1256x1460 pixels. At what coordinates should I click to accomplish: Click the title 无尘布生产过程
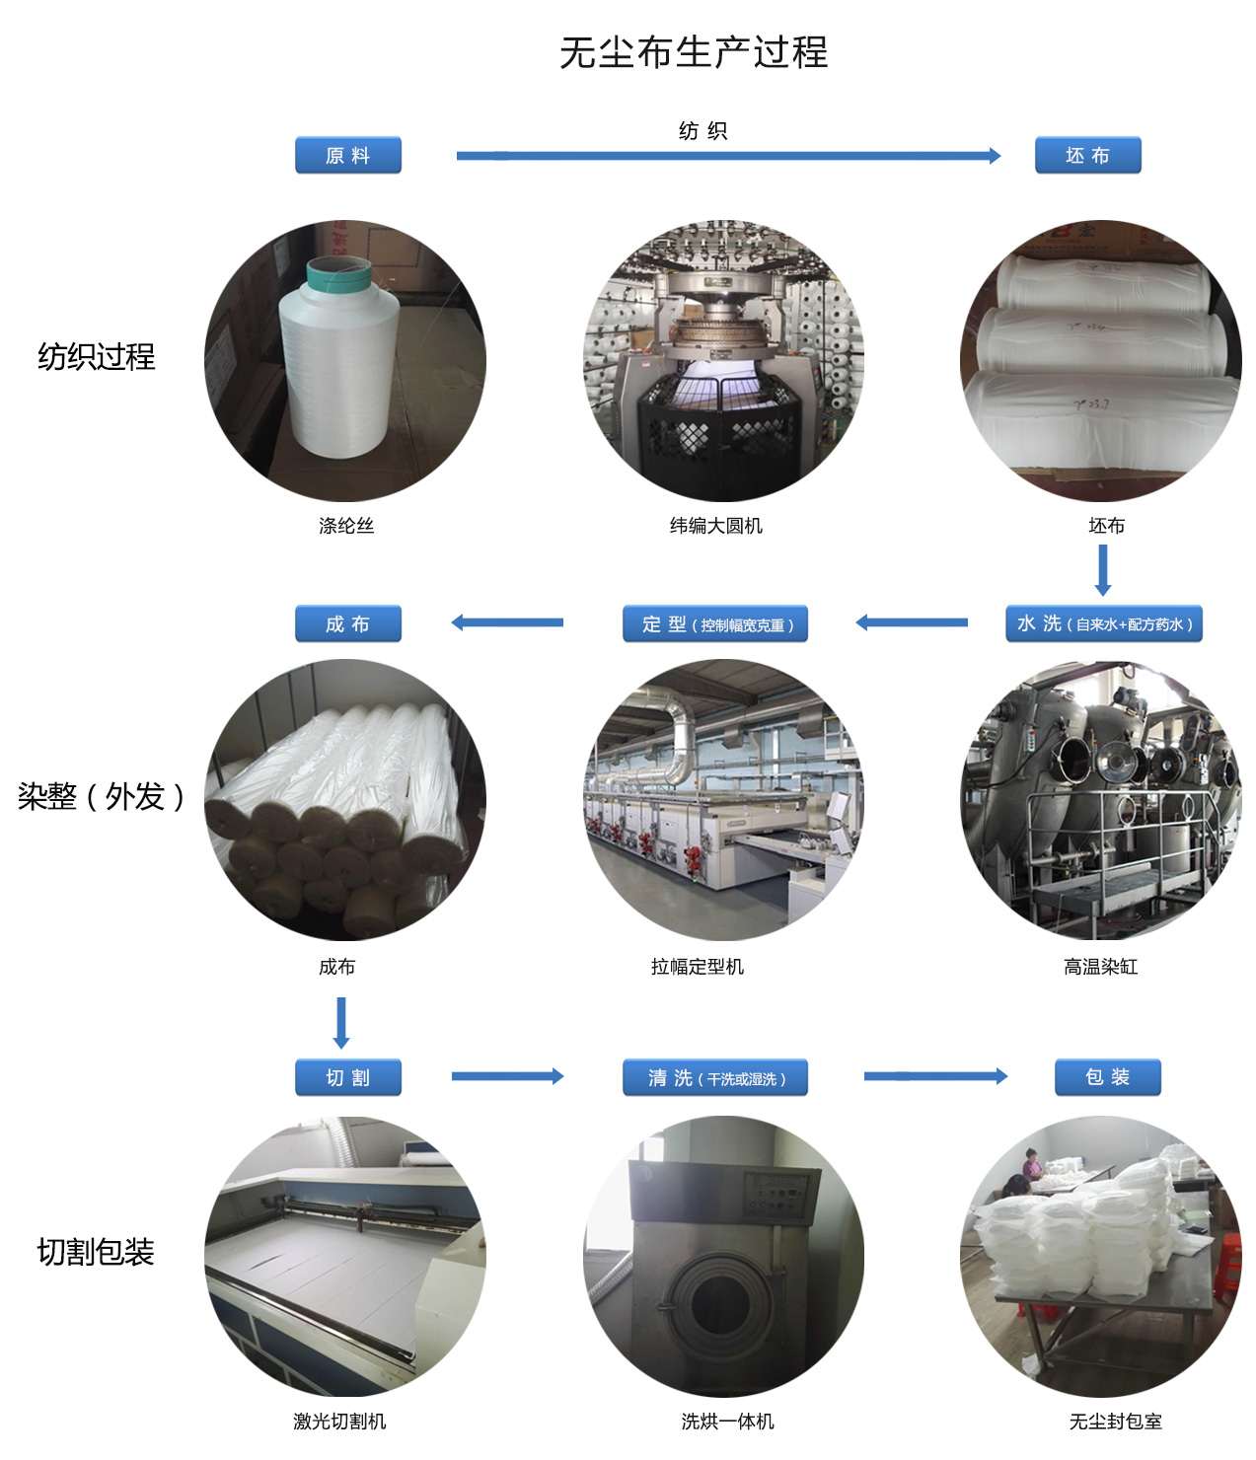pos(693,52)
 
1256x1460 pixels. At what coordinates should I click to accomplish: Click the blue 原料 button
pos(347,155)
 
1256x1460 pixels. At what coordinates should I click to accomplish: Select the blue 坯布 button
pos(1087,155)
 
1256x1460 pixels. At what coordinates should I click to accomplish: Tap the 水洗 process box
pos(1103,623)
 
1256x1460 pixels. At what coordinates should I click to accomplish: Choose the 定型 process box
pos(715,623)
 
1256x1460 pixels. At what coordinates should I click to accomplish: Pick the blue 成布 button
pos(347,623)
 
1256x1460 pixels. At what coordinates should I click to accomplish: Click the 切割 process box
pos(347,1076)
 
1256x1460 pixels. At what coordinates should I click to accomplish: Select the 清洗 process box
pos(715,1076)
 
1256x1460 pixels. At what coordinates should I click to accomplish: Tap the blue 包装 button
pos(1107,1076)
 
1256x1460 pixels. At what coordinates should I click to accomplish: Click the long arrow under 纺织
pos(728,156)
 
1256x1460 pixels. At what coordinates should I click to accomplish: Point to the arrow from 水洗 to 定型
pos(912,622)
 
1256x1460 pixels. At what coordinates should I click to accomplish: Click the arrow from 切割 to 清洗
pos(507,1075)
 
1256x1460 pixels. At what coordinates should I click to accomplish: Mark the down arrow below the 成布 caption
pos(341,1022)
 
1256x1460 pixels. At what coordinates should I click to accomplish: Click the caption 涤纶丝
pos(346,526)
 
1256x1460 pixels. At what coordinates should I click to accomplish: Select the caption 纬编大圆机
pos(715,526)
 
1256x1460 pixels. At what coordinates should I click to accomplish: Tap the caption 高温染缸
pos(1100,967)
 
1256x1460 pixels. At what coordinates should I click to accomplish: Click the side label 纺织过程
pos(96,357)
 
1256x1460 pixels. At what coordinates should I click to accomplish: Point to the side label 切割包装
pos(96,1252)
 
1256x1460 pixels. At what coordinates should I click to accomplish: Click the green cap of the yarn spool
pos(338,272)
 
